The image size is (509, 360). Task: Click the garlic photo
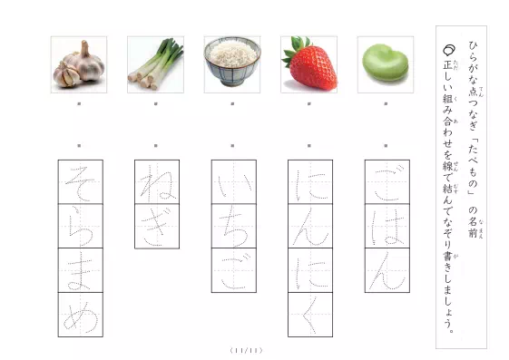pyautogui.click(x=79, y=66)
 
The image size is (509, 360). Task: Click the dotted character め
pyautogui.click(x=79, y=314)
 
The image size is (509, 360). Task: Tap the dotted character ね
pyautogui.click(x=156, y=182)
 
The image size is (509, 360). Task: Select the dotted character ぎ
pyautogui.click(x=156, y=226)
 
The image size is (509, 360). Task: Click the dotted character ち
pyautogui.click(x=232, y=226)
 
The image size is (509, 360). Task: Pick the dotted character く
pyautogui.click(x=309, y=314)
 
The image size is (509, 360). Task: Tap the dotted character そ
pyautogui.click(x=79, y=182)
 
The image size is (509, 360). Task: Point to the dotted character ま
pyautogui.click(x=79, y=270)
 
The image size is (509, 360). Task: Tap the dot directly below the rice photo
pyautogui.click(x=233, y=105)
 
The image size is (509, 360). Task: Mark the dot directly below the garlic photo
pyautogui.click(x=80, y=105)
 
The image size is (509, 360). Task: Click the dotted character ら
pyautogui.click(x=79, y=226)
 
